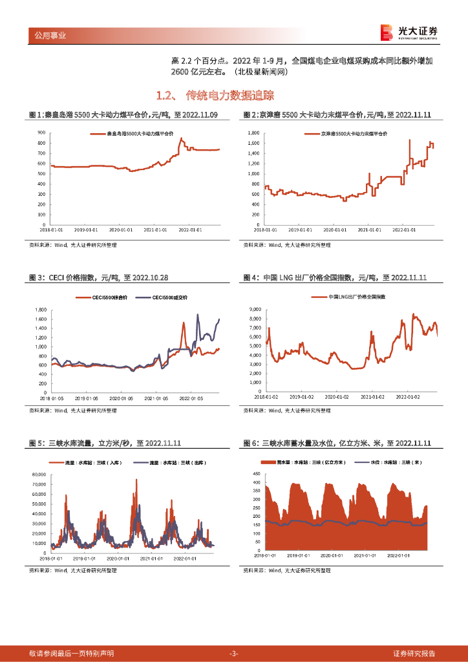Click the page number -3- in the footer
(x=234, y=653)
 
